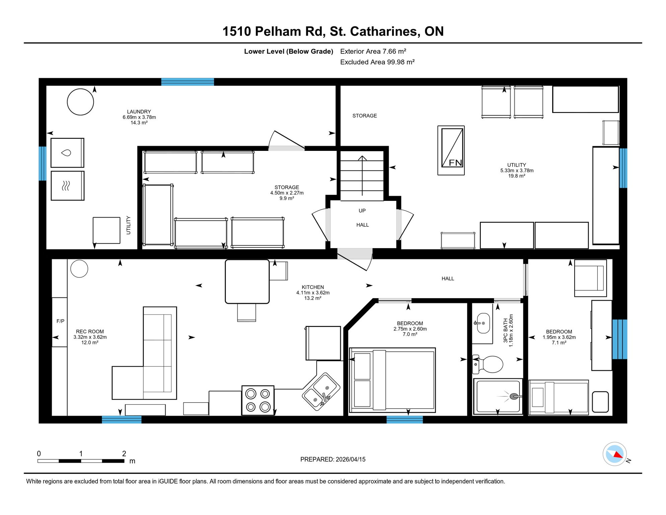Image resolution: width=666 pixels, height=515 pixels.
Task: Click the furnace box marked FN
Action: point(451,150)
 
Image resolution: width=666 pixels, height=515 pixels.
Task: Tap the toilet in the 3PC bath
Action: point(490,364)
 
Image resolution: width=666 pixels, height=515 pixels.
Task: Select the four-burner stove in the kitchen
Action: point(258,400)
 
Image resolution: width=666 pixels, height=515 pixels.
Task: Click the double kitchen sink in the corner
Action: point(321,391)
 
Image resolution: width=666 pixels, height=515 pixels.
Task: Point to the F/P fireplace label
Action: point(60,321)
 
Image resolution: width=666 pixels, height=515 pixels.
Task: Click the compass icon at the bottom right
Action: point(614,454)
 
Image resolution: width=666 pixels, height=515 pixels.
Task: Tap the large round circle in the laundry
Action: point(80,102)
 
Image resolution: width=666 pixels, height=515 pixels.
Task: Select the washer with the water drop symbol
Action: point(67,153)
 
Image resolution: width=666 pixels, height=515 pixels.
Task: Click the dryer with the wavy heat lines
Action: point(67,186)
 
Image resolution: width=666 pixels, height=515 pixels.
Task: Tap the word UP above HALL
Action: point(362,211)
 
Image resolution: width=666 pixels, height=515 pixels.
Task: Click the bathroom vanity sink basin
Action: point(483,323)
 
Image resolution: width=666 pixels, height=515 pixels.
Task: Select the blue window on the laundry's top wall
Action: point(188,82)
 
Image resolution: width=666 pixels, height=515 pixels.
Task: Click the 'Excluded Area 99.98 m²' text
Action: point(377,62)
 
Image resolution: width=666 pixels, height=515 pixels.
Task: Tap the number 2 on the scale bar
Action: point(124,454)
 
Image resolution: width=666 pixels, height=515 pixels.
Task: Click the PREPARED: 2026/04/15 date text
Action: point(333,459)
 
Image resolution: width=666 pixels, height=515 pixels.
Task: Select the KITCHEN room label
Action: point(313,287)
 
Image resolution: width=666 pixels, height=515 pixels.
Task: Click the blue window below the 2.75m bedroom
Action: point(404,419)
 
